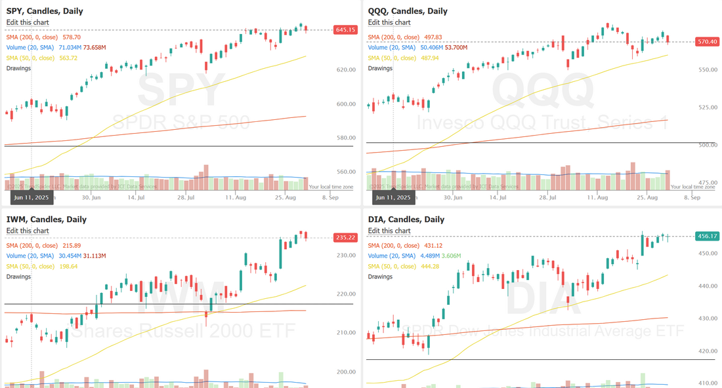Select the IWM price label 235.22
(x=345, y=238)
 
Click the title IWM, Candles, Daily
(x=46, y=220)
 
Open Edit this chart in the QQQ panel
(x=389, y=22)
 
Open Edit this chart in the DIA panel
(x=389, y=231)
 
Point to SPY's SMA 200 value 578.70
(x=68, y=37)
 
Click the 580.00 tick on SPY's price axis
(x=345, y=138)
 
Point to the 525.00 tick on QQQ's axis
(x=707, y=107)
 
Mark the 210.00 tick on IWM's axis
(x=345, y=333)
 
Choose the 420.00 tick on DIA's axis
(x=707, y=351)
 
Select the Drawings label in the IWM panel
(x=19, y=277)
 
